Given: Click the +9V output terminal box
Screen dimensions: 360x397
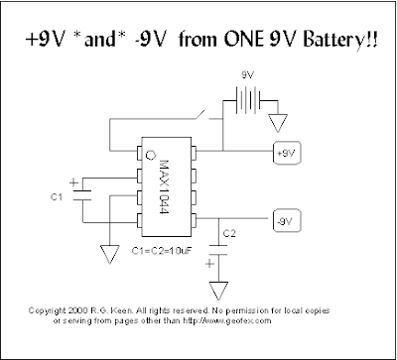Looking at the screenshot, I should pos(286,155).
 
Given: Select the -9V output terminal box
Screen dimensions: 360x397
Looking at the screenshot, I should pos(284,218).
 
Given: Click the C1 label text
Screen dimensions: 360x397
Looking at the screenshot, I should pos(58,197).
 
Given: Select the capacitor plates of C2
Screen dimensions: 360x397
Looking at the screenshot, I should pos(216,250).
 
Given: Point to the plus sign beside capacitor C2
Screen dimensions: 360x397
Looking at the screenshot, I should pos(208,264).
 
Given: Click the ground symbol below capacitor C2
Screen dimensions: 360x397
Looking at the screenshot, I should pos(216,290).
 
